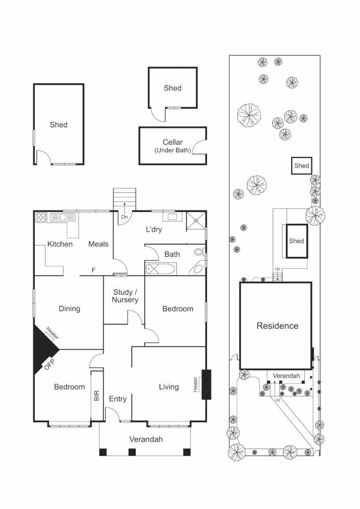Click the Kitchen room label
tap(60, 244)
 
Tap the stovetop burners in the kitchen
tap(41, 217)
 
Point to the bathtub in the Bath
tap(160, 269)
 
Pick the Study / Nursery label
tap(125, 296)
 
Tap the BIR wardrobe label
tap(97, 395)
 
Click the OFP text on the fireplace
tap(49, 365)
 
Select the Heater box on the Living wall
tap(206, 385)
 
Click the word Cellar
tap(172, 142)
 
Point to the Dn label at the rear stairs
tap(124, 217)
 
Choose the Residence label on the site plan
tap(277, 326)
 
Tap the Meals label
tap(98, 244)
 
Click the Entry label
tap(117, 399)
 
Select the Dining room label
tap(69, 309)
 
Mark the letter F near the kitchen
tap(93, 271)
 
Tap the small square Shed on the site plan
tap(302, 166)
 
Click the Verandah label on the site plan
tap(286, 376)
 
